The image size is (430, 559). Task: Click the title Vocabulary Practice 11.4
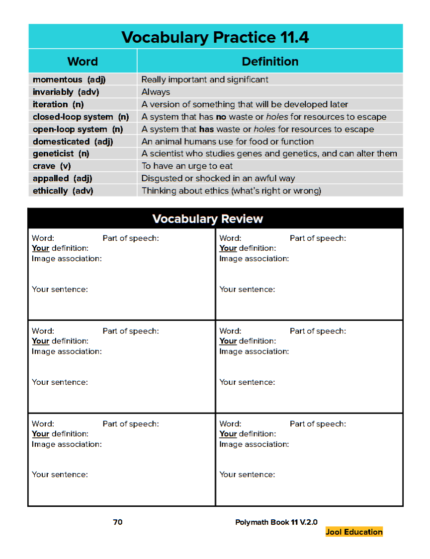coord(215,37)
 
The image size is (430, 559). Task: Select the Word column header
coord(83,62)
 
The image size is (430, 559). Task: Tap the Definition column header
coord(270,62)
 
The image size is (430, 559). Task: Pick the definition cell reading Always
coord(156,92)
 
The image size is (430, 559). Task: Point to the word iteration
coord(50,104)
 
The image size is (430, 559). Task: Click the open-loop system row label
coord(70,129)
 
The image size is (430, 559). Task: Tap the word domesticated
coord(61,141)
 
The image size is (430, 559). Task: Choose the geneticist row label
coord(53,154)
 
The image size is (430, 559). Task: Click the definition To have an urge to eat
coord(187,166)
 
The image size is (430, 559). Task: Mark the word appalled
coord(50,178)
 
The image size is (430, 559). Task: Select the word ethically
coord(50,191)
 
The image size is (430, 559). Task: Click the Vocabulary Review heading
coord(207,219)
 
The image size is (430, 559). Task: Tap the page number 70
coord(118,522)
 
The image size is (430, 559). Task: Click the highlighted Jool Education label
coord(354,532)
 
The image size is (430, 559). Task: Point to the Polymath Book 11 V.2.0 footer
coord(276,522)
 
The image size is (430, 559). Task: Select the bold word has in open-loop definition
coord(206,129)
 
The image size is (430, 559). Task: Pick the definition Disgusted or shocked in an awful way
coord(218,178)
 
